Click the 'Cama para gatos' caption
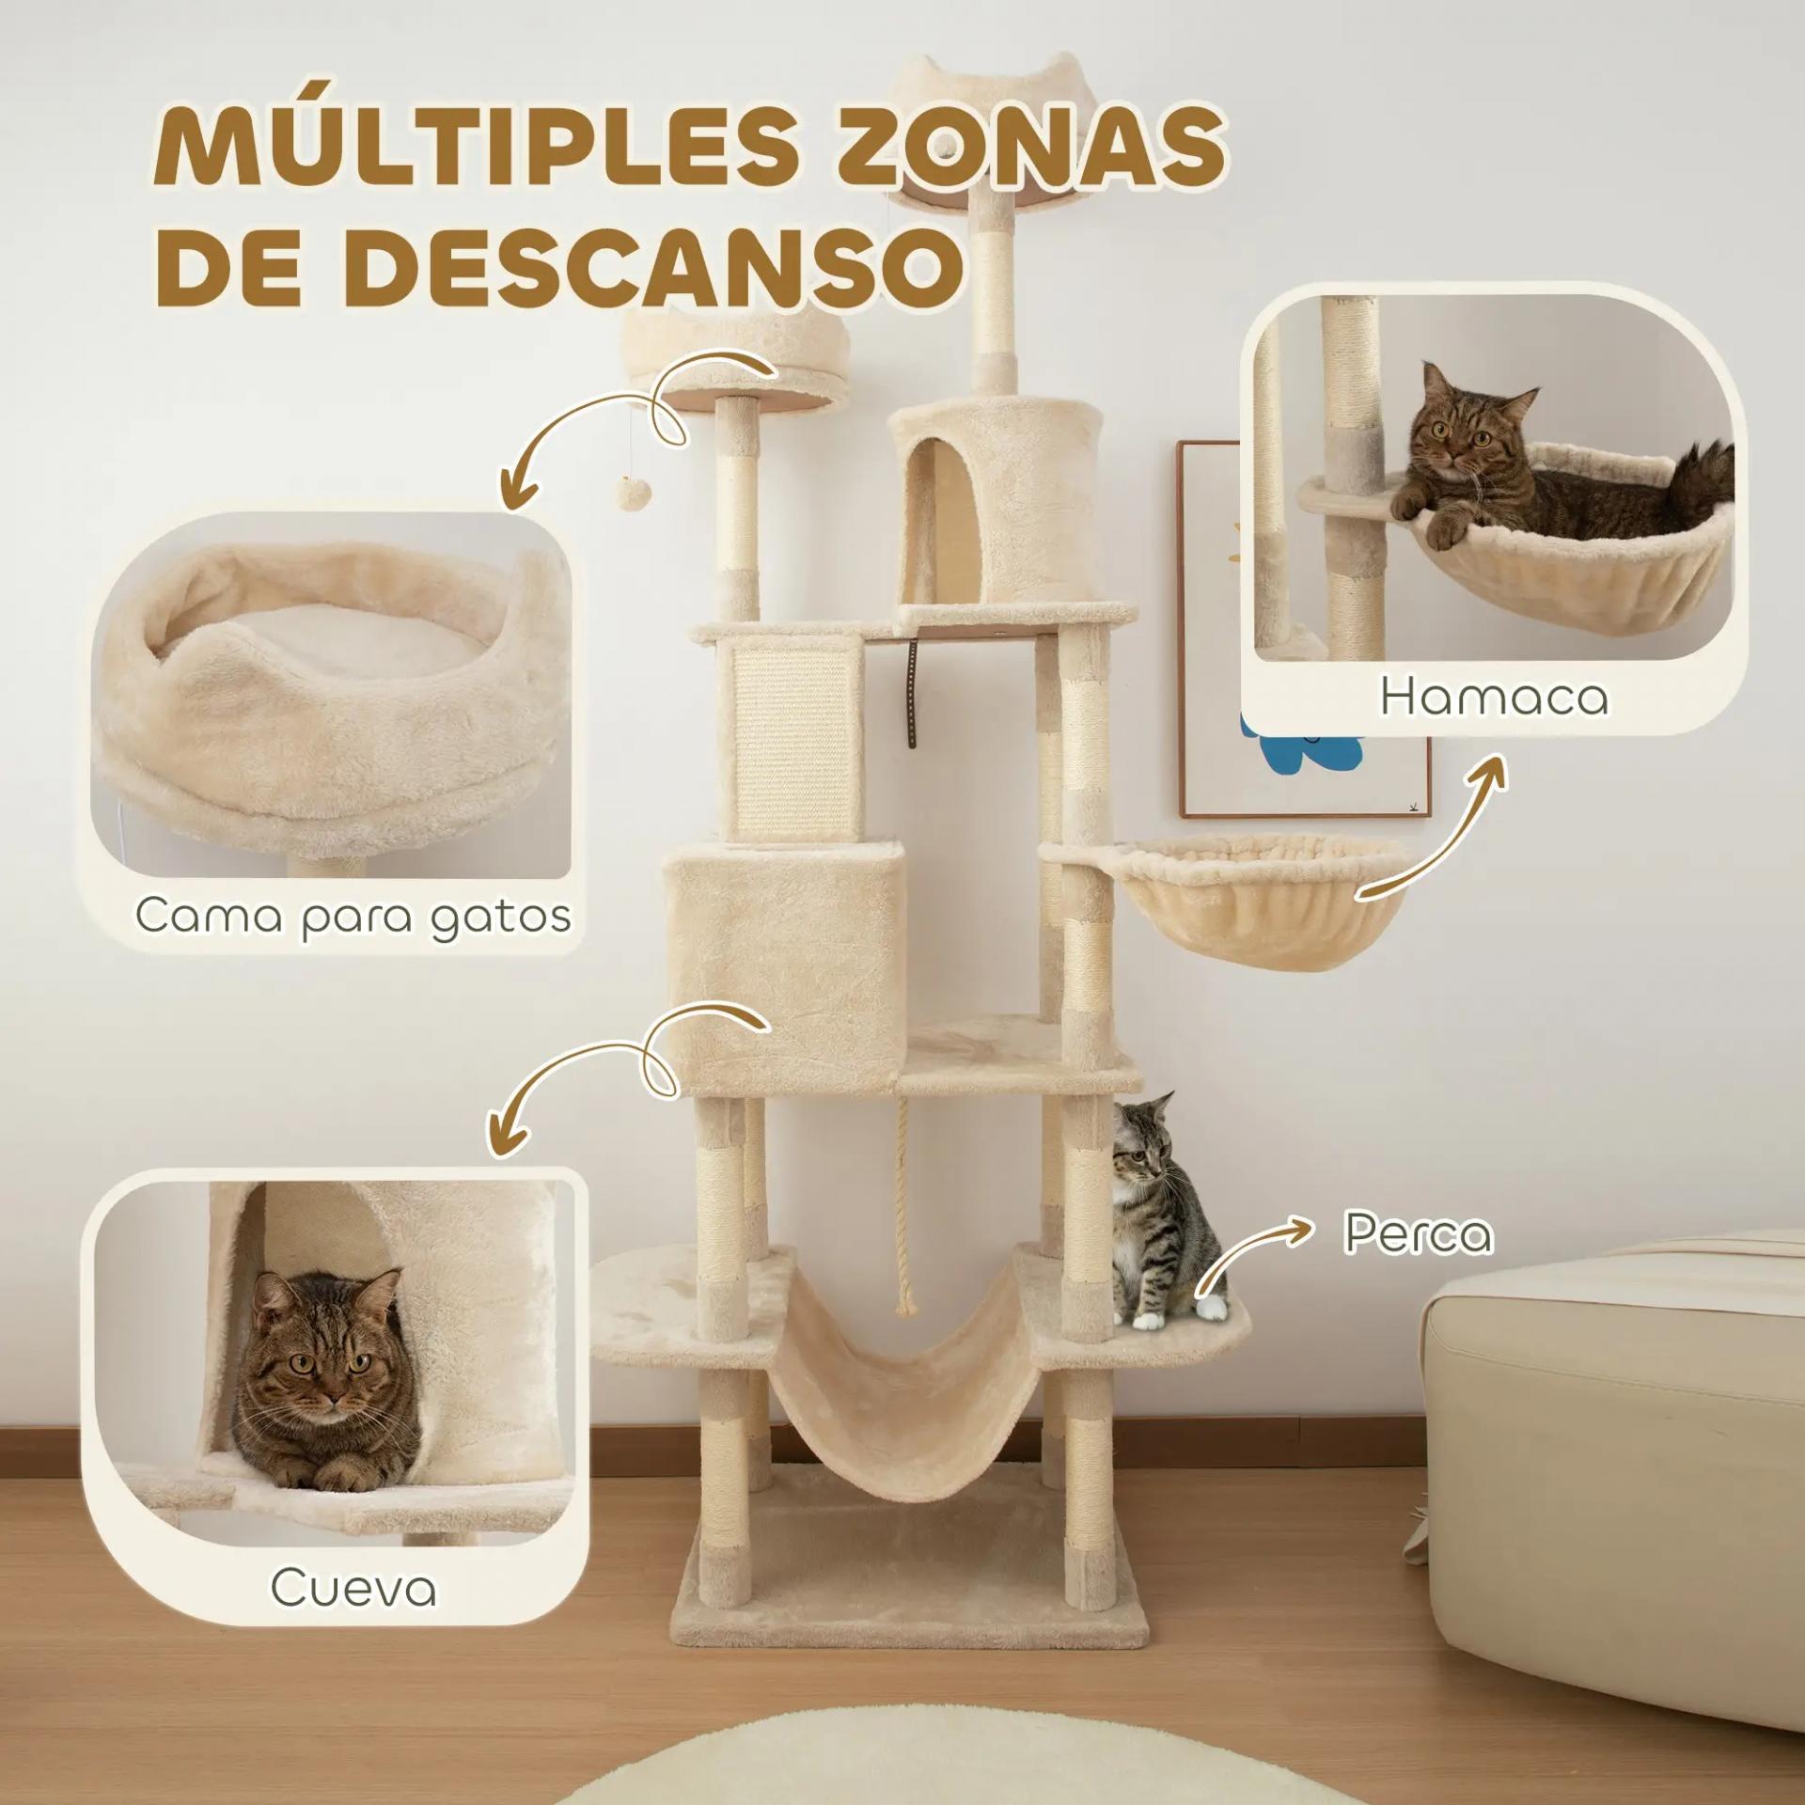(353, 916)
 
